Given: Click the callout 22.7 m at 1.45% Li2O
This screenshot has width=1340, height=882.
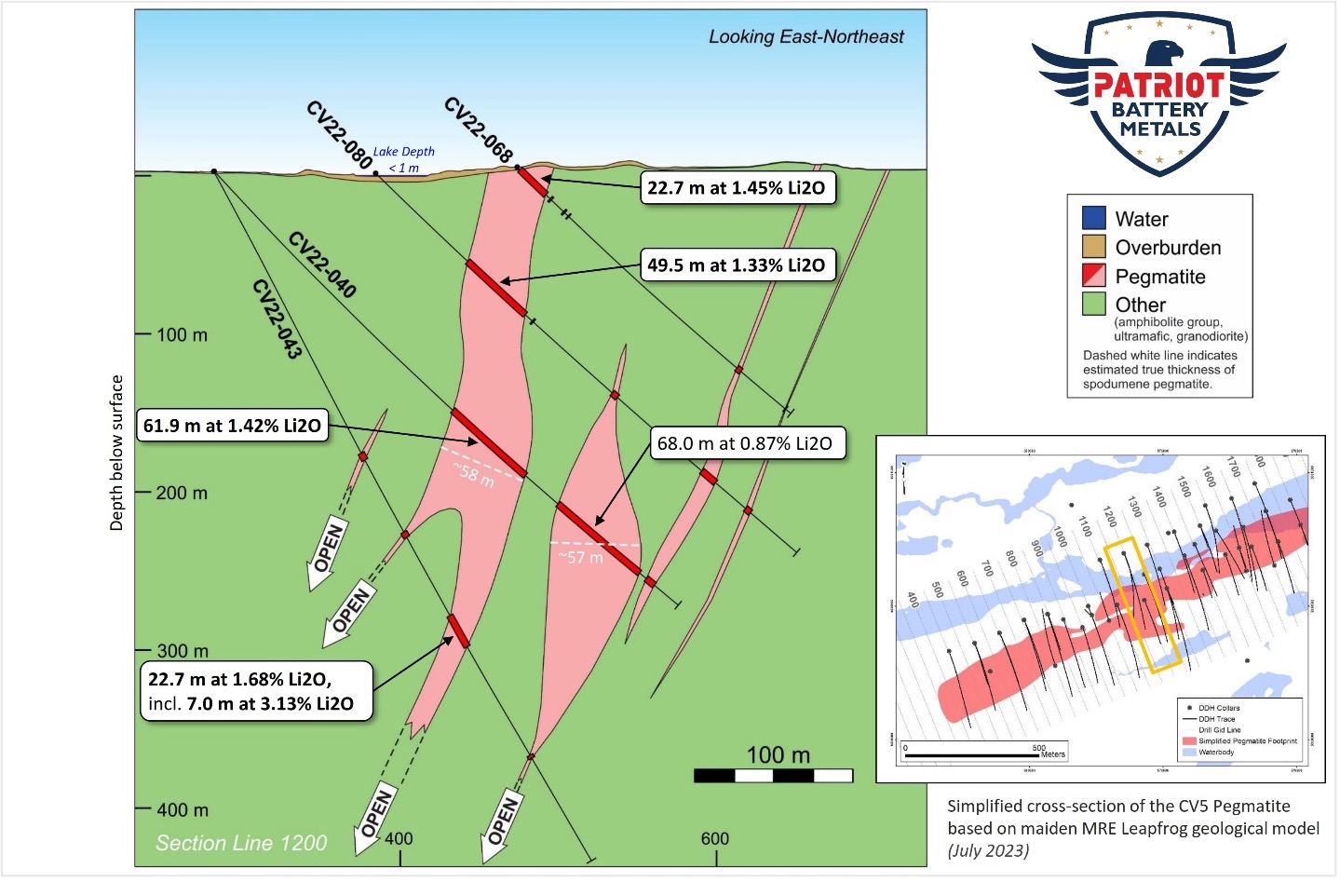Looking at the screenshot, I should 736,188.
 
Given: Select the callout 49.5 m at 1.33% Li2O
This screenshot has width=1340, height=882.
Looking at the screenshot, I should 736,265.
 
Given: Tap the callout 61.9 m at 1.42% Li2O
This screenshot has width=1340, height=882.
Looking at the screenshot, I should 232,426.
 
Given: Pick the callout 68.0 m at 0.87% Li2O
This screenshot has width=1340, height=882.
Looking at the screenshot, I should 745,443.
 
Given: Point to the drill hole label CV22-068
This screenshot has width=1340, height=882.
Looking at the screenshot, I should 479,130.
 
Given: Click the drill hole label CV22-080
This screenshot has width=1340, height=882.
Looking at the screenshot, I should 340,136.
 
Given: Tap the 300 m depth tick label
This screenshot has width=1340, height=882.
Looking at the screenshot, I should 182,651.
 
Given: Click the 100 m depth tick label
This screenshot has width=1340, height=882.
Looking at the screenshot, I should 182,334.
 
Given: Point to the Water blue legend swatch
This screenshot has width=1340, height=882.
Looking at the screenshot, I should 1093,218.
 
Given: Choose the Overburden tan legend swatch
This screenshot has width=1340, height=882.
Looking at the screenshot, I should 1093,247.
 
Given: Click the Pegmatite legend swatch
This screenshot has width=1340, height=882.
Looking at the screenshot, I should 1093,276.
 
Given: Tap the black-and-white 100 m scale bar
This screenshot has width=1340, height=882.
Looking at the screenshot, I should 773,776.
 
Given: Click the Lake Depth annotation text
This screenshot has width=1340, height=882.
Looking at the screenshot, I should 403,158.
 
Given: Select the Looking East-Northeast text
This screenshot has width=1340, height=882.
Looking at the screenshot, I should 805,37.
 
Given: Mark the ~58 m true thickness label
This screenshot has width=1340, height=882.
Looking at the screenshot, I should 474,474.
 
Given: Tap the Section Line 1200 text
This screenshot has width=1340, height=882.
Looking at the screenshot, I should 241,843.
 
